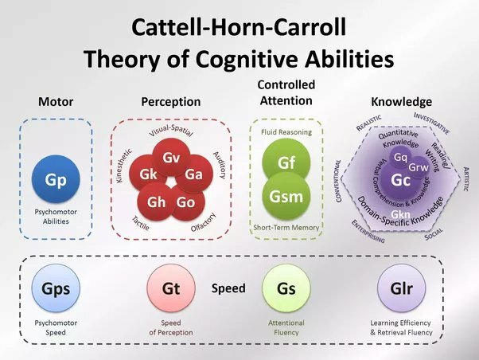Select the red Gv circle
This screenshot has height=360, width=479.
[171, 158]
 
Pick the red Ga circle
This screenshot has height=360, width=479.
[193, 174]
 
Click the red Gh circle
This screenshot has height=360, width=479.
[158, 202]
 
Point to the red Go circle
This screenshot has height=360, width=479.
[186, 202]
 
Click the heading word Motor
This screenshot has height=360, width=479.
[56, 102]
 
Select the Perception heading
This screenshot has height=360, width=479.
[171, 102]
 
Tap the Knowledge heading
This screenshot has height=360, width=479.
[401, 102]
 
